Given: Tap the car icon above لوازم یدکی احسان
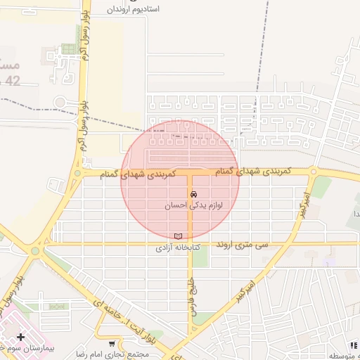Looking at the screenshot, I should (x=193, y=194).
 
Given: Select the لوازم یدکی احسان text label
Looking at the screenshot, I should (x=193, y=206).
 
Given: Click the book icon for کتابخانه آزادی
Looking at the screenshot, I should (x=177, y=236).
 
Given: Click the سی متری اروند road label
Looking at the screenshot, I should (x=243, y=244).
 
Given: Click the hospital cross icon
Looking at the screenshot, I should (x=20, y=337).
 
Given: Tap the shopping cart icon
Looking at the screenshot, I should (x=112, y=343).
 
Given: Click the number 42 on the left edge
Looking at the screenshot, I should (x=12, y=82).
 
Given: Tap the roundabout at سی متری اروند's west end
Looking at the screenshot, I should (x=35, y=249).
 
